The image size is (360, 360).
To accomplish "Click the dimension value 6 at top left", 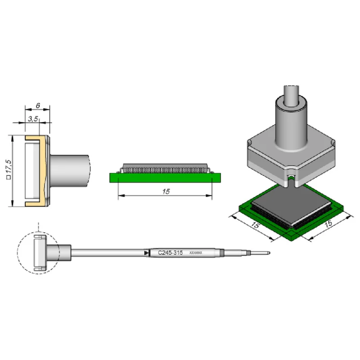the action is [x=38, y=105].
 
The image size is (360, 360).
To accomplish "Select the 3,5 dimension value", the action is [x=33, y=119].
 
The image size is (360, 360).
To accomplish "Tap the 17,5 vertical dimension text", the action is [x=9, y=166].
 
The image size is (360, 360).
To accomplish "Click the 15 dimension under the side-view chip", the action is [x=166, y=191].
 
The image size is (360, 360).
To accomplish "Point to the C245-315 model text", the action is [x=171, y=253].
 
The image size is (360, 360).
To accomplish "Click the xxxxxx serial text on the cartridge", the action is [x=196, y=253].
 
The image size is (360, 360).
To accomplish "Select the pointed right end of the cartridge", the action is [x=270, y=253].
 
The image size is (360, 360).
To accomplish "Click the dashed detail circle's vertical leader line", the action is [x=38, y=227].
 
